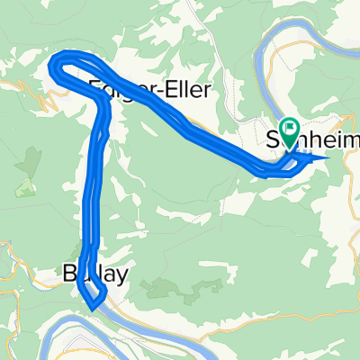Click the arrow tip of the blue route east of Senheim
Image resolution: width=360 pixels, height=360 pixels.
(326, 158)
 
